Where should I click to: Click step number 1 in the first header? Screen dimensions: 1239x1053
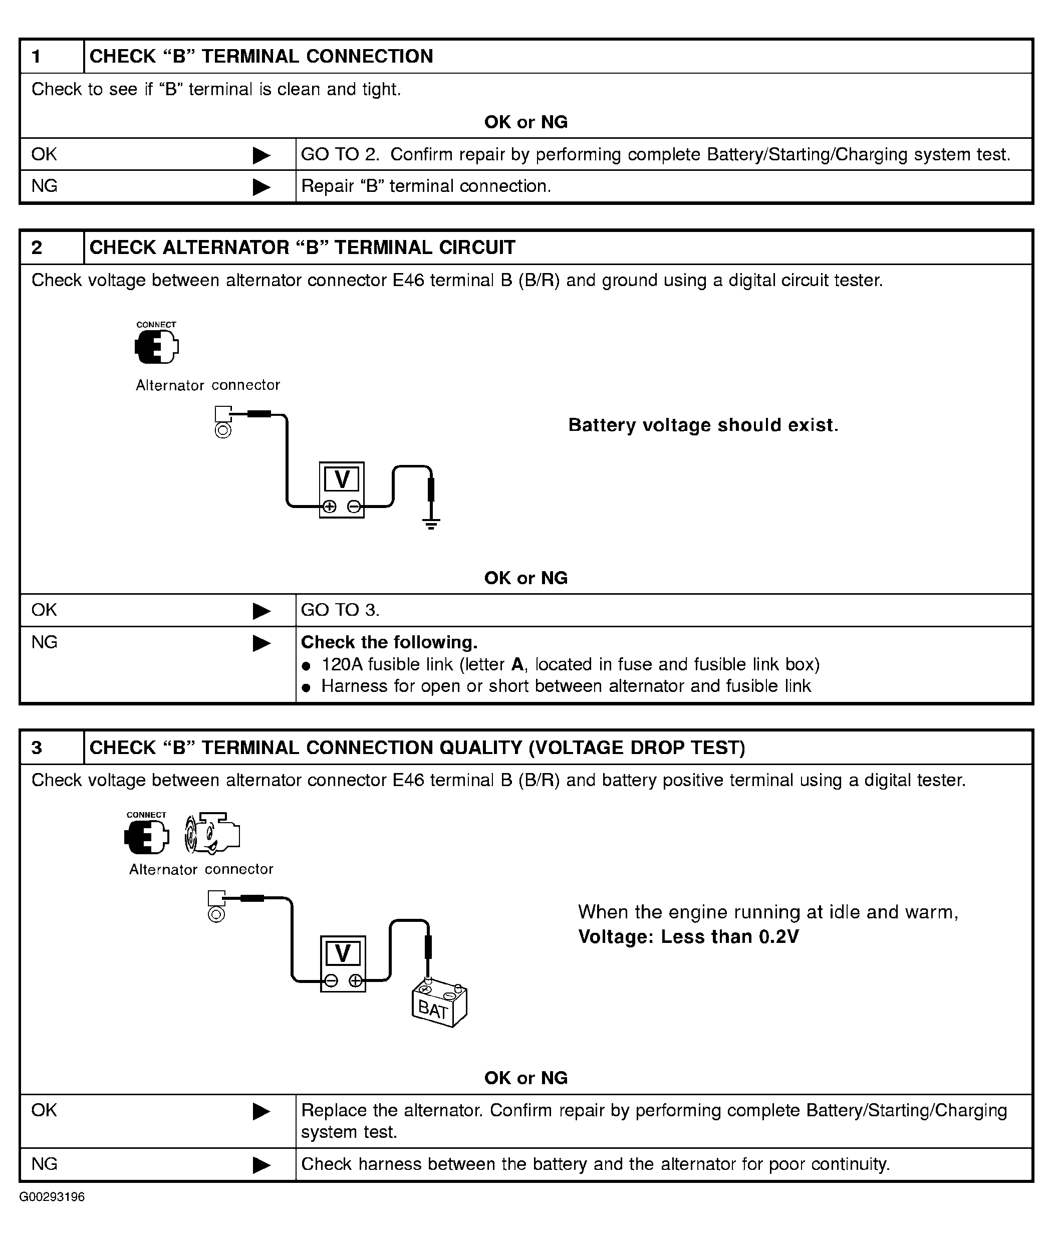click(x=37, y=57)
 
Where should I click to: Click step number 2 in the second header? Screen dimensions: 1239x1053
click(x=37, y=247)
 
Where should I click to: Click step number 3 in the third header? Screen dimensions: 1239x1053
click(x=37, y=748)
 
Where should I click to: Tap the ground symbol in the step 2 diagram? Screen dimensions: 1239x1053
click(x=431, y=524)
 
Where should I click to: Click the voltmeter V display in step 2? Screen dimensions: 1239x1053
click(x=342, y=479)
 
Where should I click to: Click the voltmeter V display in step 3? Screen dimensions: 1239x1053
click(x=343, y=953)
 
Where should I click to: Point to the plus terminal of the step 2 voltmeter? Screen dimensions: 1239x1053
click(x=330, y=507)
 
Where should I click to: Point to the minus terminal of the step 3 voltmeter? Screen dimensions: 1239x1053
click(x=331, y=980)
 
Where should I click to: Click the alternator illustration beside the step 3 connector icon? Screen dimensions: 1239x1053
click(x=212, y=832)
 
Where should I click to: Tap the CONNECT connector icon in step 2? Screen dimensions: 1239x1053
click(x=156, y=346)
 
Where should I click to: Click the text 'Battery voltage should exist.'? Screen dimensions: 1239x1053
click(x=703, y=425)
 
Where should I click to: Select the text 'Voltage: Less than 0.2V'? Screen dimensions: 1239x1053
click(x=688, y=937)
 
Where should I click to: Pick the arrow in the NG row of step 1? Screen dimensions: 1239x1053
click(x=261, y=187)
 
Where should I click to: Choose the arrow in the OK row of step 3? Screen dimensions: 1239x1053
click(x=261, y=1111)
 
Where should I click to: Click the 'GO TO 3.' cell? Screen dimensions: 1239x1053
click(x=340, y=610)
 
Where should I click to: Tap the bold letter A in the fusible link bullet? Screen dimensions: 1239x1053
click(x=517, y=664)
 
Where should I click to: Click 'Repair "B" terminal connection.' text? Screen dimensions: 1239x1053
click(x=426, y=186)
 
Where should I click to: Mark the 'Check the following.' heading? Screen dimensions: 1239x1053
click(x=389, y=642)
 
